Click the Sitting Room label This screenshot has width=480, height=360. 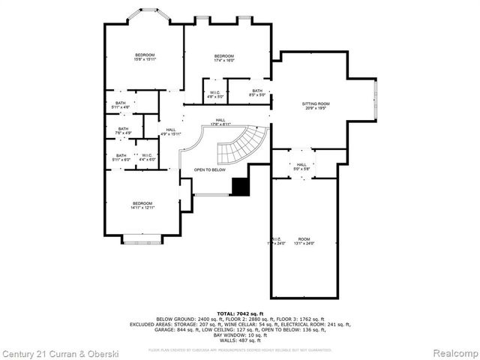pos(316,106)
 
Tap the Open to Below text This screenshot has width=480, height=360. pos(210,169)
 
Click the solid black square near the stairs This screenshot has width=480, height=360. pos(240,187)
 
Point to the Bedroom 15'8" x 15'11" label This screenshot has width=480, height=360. pos(145,57)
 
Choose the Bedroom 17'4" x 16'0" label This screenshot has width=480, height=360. pos(224,58)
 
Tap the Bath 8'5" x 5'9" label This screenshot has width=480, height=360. pos(257,92)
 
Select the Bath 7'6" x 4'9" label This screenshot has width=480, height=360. pos(123,131)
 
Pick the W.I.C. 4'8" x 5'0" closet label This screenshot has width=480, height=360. pos(215,94)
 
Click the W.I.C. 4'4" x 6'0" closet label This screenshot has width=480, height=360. pos(147,157)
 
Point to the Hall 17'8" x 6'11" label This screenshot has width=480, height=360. pos(220,121)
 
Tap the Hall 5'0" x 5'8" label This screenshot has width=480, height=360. pos(301,166)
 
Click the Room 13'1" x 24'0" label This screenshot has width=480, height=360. pos(303,241)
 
